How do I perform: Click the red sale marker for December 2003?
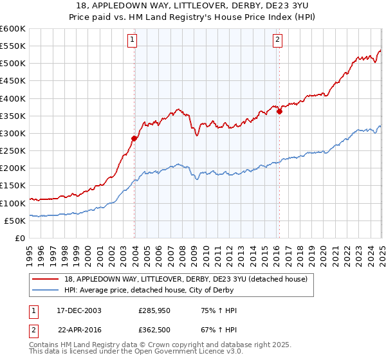tap(134, 138)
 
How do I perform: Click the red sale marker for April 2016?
tap(279, 111)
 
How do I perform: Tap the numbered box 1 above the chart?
tap(131, 40)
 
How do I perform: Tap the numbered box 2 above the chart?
tap(277, 40)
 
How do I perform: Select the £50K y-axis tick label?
tap(15, 221)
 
